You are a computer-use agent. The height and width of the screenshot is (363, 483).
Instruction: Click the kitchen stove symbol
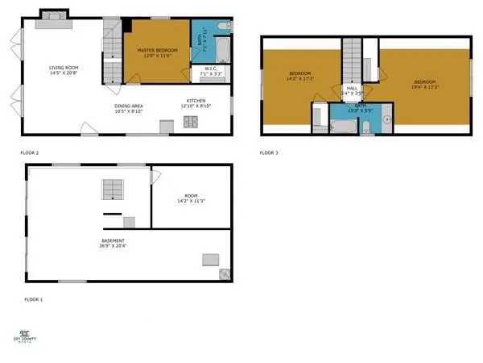[x=191, y=123]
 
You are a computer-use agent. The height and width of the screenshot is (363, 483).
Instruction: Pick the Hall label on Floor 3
[x=352, y=91]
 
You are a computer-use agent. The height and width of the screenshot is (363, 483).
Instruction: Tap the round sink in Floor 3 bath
[x=385, y=121]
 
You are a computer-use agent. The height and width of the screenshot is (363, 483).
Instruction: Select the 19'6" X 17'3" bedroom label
[x=425, y=84]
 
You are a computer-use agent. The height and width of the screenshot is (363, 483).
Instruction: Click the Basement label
[x=113, y=242]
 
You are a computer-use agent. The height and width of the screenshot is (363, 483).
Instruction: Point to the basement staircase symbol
[x=112, y=190]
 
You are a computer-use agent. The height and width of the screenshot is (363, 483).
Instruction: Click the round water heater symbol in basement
[x=223, y=273]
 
